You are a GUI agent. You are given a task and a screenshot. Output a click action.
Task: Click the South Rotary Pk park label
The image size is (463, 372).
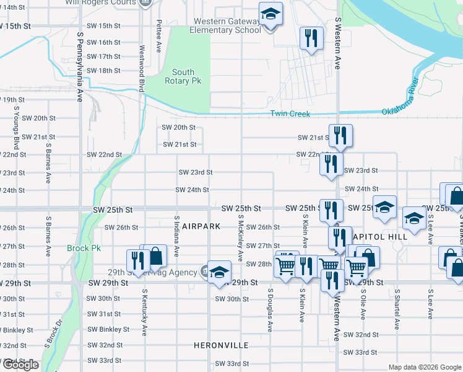click(183, 76)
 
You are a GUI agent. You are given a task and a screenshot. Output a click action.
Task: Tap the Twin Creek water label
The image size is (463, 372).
click(290, 113)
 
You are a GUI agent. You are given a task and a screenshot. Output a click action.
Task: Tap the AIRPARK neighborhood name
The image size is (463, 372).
click(197, 227)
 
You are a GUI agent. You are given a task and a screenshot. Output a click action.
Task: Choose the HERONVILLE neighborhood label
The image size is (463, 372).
click(221, 345)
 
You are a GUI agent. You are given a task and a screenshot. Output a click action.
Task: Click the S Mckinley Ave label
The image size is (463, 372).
click(240, 238)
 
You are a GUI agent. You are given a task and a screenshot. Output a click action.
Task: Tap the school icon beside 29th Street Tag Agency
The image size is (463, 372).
click(219, 273)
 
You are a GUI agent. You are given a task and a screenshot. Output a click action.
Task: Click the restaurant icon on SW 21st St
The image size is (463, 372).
click(340, 136)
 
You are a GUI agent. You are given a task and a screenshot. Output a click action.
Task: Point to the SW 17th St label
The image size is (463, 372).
click(103, 56)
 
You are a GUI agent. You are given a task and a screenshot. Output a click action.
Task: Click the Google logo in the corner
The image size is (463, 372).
click(20, 365)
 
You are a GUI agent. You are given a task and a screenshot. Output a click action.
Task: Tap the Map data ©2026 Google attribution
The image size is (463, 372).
click(423, 367)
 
